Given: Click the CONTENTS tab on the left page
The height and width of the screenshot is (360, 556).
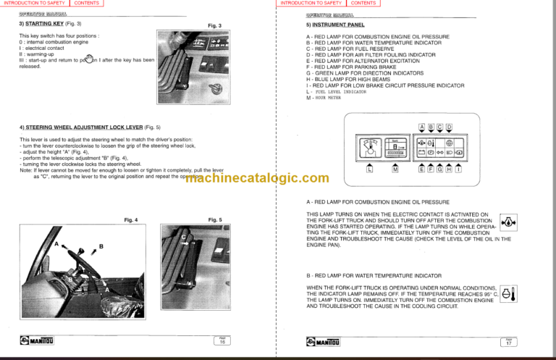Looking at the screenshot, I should (87, 4).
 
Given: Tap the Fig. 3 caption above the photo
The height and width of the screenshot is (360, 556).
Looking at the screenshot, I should (214, 26).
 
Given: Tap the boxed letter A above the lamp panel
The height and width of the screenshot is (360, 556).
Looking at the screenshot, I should (423, 127).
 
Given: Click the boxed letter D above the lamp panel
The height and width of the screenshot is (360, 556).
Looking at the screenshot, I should (450, 127).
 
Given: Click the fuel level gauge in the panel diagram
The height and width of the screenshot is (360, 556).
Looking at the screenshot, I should (368, 148).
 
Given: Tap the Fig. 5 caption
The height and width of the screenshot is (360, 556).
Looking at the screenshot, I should (214, 219).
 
